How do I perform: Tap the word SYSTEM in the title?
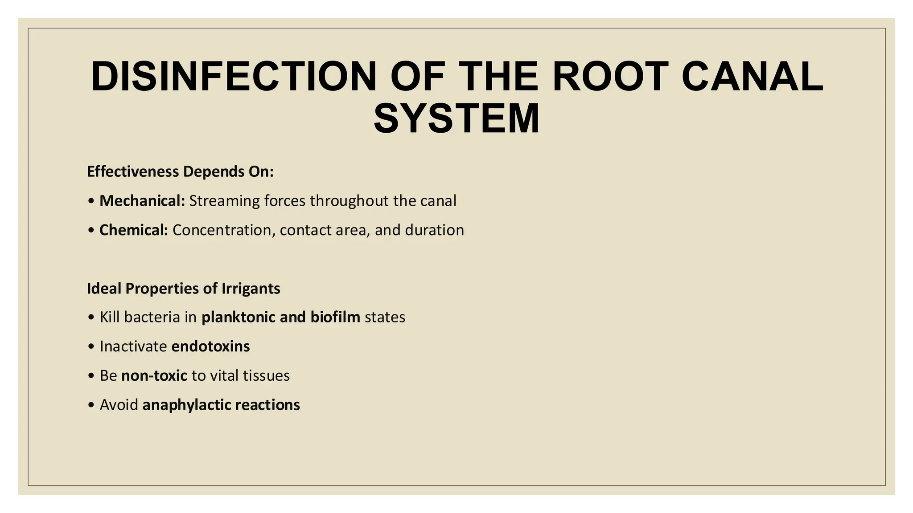[x=456, y=118]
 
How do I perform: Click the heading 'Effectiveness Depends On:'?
[x=180, y=171]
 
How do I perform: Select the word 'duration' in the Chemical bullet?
[x=434, y=230]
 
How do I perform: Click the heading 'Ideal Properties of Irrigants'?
[x=184, y=289]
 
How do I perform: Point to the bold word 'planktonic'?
[x=239, y=317]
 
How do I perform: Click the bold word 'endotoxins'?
[x=210, y=346]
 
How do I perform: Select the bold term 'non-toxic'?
[x=154, y=376]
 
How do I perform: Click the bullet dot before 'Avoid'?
[x=91, y=405]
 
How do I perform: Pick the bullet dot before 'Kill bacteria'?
[x=91, y=318]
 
